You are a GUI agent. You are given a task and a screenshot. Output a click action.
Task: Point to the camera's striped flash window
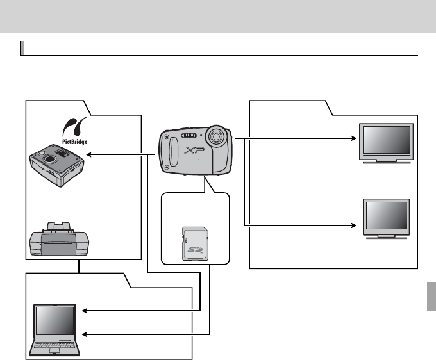click(188, 135)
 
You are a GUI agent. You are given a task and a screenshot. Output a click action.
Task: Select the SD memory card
click(194, 242)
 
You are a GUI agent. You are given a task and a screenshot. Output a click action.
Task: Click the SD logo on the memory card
click(194, 251)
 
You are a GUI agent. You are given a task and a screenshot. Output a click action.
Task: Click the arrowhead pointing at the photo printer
click(89, 154)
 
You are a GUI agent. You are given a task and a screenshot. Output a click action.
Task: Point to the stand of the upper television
click(385, 161)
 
